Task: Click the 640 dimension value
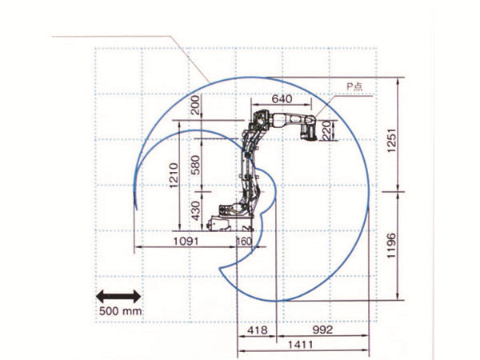pos(282,99)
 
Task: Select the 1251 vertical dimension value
pos(391,141)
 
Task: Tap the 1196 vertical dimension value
pos(391,246)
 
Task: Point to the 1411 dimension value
pos(301,345)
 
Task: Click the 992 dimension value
pos(322,330)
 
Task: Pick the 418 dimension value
pos(257,330)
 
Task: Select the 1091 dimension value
pos(186,242)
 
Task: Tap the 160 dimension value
pos(244,242)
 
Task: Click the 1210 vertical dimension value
pos(174,175)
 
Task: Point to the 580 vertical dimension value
pos(195,165)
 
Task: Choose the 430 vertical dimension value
pos(195,210)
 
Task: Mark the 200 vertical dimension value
pos(195,105)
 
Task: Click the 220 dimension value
pos(326,130)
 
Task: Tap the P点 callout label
pos(354,86)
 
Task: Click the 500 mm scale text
pos(120,311)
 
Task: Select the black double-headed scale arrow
pos(118,297)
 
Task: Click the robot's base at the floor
pos(230,223)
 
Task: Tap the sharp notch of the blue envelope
pos(220,269)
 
